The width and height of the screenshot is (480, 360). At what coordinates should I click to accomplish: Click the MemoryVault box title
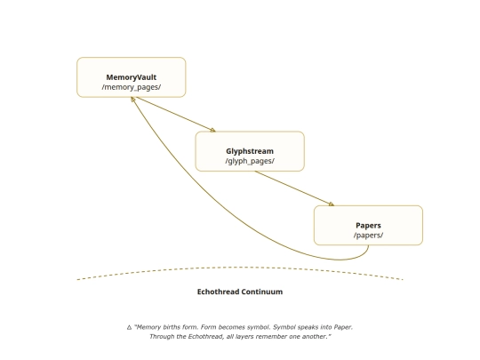(x=131, y=77)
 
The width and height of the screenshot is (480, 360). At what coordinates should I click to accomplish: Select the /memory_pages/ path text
(x=132, y=87)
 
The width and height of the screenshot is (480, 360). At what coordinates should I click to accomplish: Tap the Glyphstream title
(x=250, y=151)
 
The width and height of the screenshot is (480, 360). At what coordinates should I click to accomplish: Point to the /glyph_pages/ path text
(x=250, y=161)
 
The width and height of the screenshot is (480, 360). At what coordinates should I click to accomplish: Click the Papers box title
(x=368, y=226)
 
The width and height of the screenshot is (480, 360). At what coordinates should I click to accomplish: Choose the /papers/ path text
(x=368, y=235)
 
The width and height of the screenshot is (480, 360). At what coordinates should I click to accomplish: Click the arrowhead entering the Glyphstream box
(x=213, y=130)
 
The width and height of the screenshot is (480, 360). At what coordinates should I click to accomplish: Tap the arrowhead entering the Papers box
(x=332, y=204)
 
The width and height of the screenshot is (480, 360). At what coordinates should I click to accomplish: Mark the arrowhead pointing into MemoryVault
(x=132, y=100)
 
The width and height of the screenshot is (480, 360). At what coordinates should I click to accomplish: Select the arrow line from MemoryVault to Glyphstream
(x=176, y=115)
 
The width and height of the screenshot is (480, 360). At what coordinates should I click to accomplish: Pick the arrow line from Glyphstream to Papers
(x=294, y=188)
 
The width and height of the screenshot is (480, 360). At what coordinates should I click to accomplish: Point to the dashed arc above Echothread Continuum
(x=240, y=268)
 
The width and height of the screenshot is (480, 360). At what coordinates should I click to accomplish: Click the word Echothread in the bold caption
(x=218, y=292)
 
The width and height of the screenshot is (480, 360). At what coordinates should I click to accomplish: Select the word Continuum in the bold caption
(x=261, y=292)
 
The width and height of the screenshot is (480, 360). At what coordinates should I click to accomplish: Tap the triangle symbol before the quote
(x=129, y=327)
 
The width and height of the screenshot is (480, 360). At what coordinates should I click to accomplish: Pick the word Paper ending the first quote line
(x=343, y=327)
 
